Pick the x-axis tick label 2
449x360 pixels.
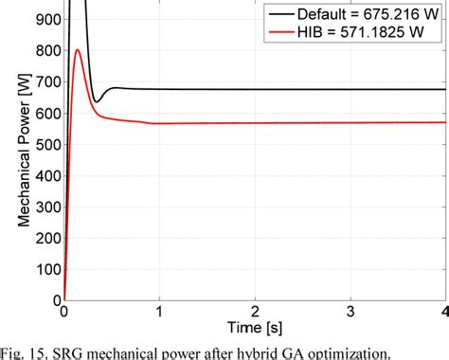(x=255, y=312)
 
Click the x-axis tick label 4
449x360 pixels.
(x=443, y=312)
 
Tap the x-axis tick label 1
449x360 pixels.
(x=159, y=312)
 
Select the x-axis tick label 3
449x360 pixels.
(x=350, y=312)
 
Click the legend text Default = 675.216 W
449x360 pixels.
(x=360, y=14)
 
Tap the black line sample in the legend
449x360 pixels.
(x=278, y=14)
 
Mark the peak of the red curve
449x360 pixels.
(x=78, y=50)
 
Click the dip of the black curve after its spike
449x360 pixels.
(x=97, y=101)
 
